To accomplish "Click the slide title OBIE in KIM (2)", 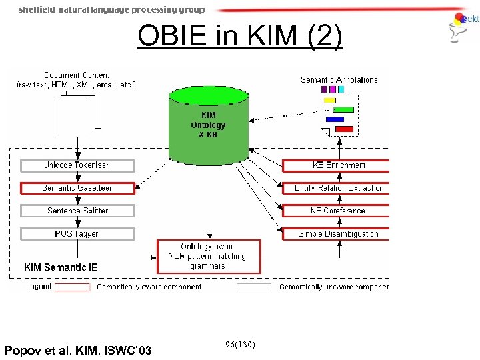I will tap(240, 37).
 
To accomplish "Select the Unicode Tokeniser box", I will tap(77, 165).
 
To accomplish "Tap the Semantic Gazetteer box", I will tap(77, 188).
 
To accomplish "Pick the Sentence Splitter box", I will tap(77, 211).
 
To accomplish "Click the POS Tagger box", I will tap(77, 234).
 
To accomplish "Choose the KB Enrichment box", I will tap(339, 165).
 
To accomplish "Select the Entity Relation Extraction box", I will tap(339, 188).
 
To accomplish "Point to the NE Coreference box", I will tap(339, 211).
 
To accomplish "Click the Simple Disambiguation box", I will tap(339, 234).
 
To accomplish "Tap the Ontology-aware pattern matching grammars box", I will tap(209, 256).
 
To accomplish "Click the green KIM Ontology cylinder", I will tap(208, 123).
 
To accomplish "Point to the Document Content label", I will tap(77, 79).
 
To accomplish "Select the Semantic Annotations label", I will tap(339, 79).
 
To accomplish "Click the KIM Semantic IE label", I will tap(61, 267).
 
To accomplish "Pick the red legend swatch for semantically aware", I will tap(72, 287).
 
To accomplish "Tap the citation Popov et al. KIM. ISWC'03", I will tap(78, 351).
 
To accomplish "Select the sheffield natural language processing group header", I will tap(111, 9).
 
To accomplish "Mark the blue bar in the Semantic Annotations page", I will tap(335, 119).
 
